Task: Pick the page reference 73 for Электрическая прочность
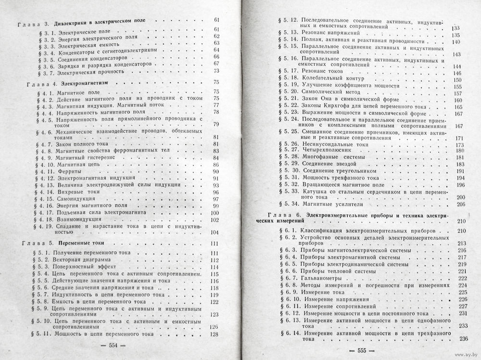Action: [x=216, y=71]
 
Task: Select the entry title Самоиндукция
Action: [x=77, y=199]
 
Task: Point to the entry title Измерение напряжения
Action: [x=329, y=299]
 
